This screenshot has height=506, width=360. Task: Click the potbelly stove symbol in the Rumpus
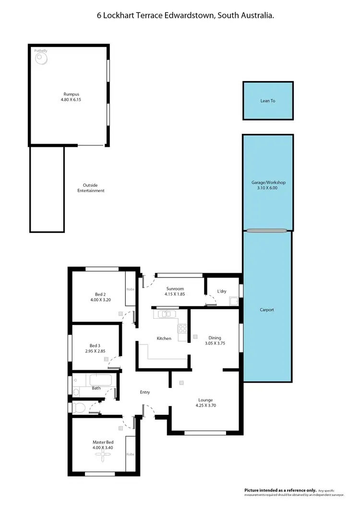(41, 59)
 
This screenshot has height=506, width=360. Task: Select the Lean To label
(268, 101)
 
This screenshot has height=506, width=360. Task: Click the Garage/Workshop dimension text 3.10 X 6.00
(268, 188)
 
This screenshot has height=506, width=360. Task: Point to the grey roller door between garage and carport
(268, 231)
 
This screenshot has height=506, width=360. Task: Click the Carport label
(267, 310)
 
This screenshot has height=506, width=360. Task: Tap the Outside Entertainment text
(91, 188)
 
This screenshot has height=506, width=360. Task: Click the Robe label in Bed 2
(130, 289)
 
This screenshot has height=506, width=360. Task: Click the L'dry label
(222, 291)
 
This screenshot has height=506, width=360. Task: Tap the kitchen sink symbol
(166, 314)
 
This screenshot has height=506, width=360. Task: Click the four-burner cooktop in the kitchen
(182, 329)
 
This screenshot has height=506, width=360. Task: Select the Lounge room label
(206, 400)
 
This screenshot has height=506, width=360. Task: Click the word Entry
(145, 392)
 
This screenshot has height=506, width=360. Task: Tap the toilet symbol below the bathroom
(80, 408)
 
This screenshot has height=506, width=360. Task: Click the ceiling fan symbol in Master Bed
(103, 458)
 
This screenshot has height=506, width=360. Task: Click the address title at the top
(186, 16)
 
